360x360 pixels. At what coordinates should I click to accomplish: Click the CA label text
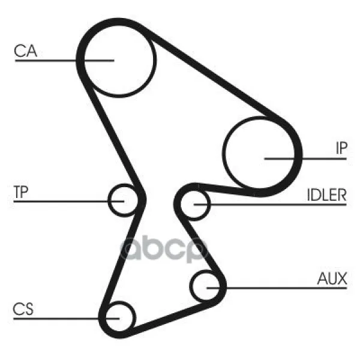click(x=25, y=51)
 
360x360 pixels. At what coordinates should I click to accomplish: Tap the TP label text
click(x=21, y=192)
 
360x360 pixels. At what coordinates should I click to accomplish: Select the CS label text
click(x=23, y=309)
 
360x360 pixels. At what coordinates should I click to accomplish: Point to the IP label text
click(x=341, y=148)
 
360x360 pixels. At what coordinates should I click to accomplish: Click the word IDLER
click(x=326, y=195)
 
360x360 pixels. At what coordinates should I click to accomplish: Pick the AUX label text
click(x=332, y=278)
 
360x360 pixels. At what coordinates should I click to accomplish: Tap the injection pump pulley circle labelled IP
click(x=224, y=153)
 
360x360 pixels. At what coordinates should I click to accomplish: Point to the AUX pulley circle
click(x=191, y=286)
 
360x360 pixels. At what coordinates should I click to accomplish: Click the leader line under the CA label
click(x=65, y=61)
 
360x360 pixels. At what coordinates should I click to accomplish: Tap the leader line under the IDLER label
click(x=270, y=205)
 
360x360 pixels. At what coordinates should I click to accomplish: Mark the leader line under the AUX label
click(x=277, y=287)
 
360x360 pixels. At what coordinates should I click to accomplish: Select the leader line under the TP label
click(x=69, y=202)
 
